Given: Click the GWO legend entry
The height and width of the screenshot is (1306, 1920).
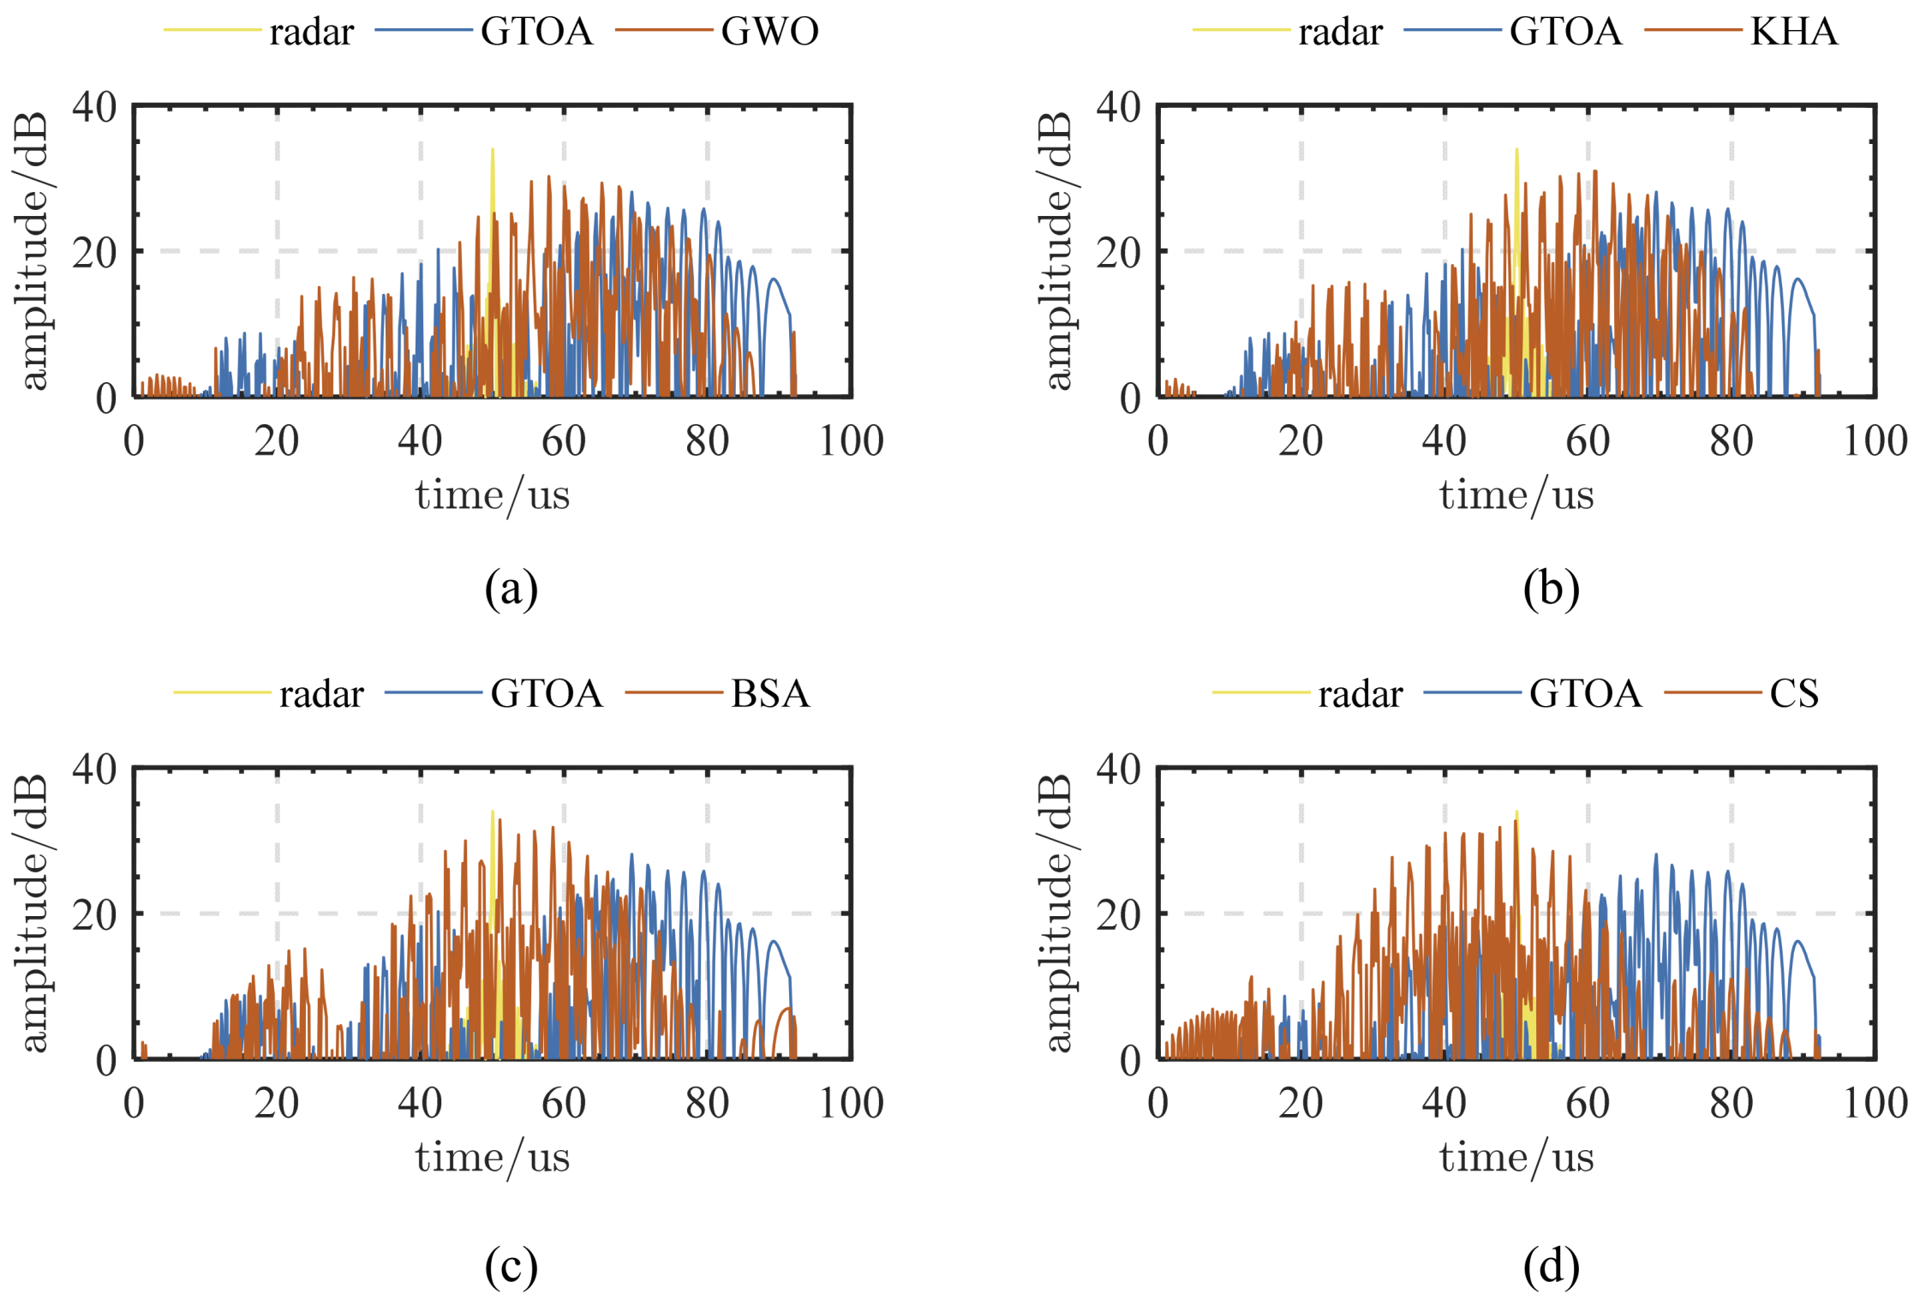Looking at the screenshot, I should click(769, 32).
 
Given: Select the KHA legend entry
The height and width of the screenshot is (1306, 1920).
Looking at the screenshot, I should click(1793, 32).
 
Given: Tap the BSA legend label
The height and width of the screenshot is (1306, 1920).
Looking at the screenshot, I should click(769, 693).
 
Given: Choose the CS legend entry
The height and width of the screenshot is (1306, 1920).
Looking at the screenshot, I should click(1793, 693).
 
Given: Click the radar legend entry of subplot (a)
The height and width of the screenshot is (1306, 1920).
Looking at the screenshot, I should click(311, 33).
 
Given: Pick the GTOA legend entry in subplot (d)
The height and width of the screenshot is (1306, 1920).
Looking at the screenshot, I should click(1585, 693).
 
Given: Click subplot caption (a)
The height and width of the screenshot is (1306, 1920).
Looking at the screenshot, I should click(511, 589).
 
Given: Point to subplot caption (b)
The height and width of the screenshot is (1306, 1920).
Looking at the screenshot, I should click(1551, 589).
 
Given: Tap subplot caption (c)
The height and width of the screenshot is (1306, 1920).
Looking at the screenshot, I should click(511, 1266).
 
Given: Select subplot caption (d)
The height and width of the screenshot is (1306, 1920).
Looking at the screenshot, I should click(1551, 1266).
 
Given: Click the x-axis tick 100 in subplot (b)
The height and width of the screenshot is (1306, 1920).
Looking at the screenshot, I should click(1875, 441).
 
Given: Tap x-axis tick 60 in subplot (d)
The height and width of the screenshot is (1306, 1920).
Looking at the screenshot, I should click(1588, 1103).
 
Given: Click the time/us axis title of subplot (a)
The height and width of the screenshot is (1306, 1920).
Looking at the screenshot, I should click(492, 495).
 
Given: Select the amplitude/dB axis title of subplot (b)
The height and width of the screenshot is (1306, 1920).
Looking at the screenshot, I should click(1059, 251).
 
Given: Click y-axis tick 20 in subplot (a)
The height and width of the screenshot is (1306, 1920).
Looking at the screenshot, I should click(94, 252).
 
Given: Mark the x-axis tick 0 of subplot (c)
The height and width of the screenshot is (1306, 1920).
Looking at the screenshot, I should click(134, 1103).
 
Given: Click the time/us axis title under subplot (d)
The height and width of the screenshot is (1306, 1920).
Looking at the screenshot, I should click(1516, 1158).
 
